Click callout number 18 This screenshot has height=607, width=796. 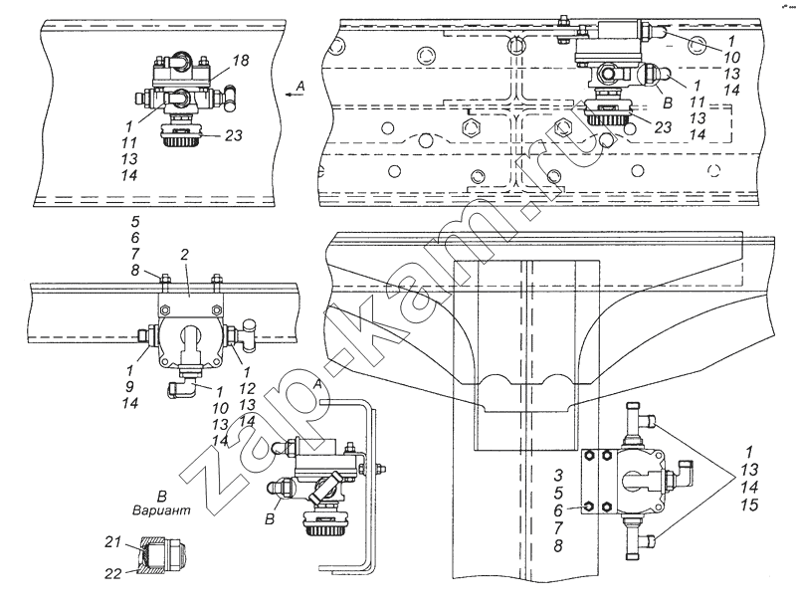click(241, 61)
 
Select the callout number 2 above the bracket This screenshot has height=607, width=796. click(184, 255)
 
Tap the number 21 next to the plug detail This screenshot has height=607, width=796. click(113, 542)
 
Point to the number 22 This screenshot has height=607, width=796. click(113, 574)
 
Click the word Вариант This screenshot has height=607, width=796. click(161, 510)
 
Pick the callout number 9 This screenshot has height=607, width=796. click(129, 387)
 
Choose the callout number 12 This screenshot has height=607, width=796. click(247, 389)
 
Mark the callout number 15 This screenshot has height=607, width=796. click(749, 505)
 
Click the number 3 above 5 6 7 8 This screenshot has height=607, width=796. click(558, 476)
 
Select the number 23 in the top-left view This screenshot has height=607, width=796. click(234, 135)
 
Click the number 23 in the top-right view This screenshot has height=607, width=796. click(663, 127)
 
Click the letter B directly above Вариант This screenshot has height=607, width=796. click(162, 496)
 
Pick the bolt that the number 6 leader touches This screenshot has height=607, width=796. click(589, 506)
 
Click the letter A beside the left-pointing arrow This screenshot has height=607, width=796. click(300, 87)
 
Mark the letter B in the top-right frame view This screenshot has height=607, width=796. click(668, 103)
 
